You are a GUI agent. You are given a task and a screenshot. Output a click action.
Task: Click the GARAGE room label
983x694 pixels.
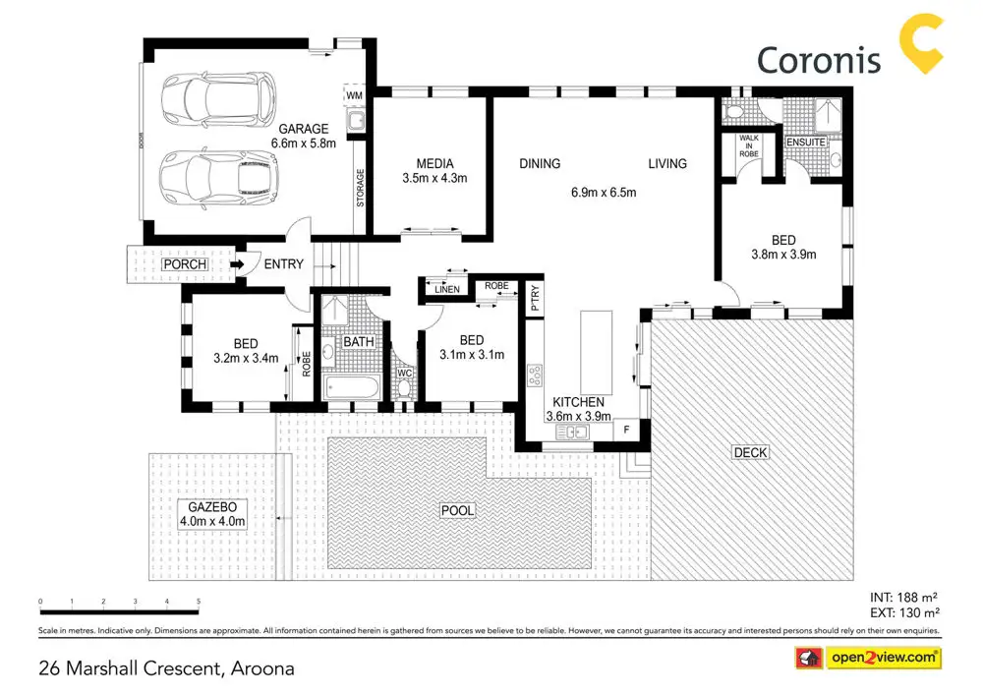pos(305,129)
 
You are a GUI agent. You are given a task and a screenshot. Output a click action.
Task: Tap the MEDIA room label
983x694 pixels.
pos(434,163)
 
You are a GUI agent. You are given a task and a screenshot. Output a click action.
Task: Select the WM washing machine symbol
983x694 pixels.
pos(355,94)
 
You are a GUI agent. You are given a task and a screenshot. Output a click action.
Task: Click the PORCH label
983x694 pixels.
pos(184,264)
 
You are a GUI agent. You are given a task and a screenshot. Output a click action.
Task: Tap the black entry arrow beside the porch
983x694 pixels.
pos(237,264)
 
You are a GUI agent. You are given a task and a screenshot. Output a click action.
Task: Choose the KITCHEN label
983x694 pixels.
pos(578,403)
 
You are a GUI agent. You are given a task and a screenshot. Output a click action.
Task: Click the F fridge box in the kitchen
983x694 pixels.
pos(626,429)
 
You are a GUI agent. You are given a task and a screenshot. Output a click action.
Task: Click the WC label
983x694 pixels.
pos(404,374)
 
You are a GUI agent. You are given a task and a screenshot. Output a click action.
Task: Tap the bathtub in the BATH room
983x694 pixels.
pos(351,386)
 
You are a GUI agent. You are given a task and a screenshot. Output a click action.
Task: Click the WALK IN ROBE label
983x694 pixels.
pos(749,145)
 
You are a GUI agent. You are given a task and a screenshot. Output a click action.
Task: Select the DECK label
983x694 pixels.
pos(750,452)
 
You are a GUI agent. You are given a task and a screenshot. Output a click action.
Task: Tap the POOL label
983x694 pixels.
pos(457,510)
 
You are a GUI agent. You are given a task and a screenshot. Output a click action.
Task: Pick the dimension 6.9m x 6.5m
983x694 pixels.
pos(604,193)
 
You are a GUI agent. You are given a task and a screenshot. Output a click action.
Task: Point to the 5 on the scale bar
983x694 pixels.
pos(199,602)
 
